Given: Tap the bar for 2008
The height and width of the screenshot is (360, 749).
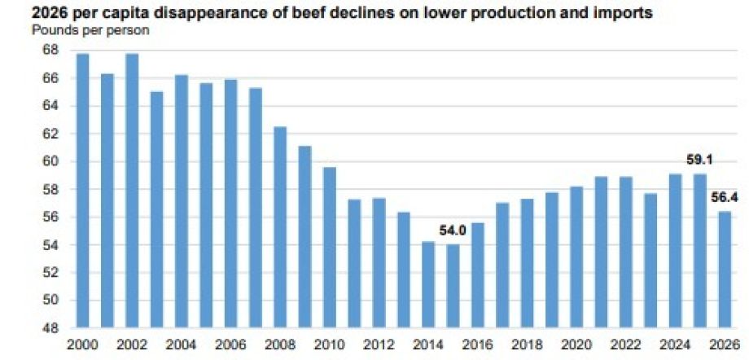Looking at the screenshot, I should pyautogui.click(x=280, y=227).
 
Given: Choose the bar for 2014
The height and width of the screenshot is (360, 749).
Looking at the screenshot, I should pyautogui.click(x=428, y=285).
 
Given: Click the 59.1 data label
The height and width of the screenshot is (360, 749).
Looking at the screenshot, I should pyautogui.click(x=699, y=160).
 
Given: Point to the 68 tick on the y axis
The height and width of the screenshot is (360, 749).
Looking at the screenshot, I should pyautogui.click(x=49, y=50).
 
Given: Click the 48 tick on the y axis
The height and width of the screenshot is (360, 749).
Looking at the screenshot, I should pyautogui.click(x=49, y=328).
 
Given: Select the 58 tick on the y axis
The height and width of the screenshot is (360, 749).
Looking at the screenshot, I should pyautogui.click(x=49, y=190).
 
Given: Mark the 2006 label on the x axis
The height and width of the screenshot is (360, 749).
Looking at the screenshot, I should pyautogui.click(x=231, y=345).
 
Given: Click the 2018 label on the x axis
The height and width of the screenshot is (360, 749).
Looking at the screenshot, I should pyautogui.click(x=527, y=345).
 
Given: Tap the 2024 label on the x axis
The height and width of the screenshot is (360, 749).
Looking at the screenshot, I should pyautogui.click(x=675, y=345).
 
